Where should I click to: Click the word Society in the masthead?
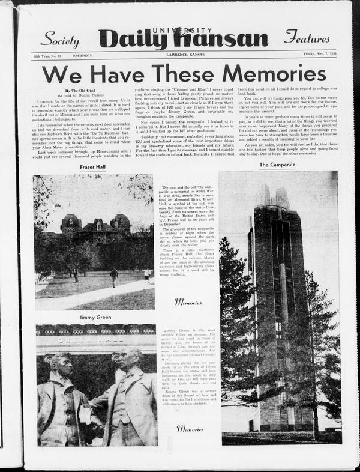[x=60, y=40]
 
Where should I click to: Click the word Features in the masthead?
[x=307, y=37]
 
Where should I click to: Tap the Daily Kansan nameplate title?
[x=183, y=38]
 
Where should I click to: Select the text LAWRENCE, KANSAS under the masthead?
[x=184, y=55]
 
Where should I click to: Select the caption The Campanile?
[x=278, y=164]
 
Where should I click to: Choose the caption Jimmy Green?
[x=94, y=317]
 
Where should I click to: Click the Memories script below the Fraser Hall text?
[x=188, y=302]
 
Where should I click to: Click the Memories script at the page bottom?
[x=190, y=428]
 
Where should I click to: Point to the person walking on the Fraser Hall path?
[x=113, y=277]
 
